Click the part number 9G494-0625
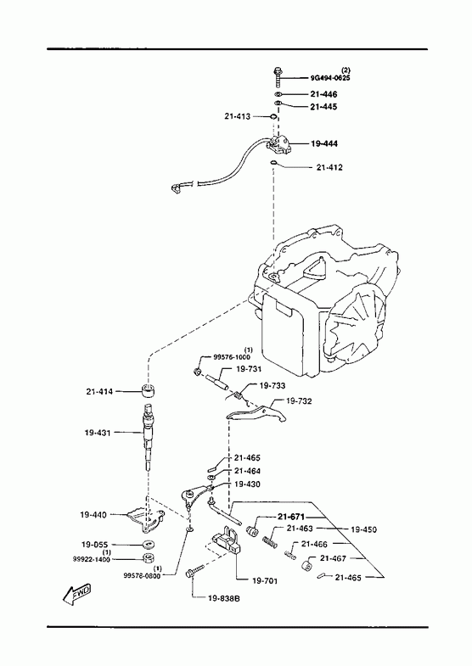[x=330, y=78]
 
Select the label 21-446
[x=323, y=94]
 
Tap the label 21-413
[x=238, y=116]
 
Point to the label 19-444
[x=324, y=143]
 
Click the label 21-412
[x=329, y=167]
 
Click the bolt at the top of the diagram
[x=278, y=76]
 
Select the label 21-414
[x=99, y=391]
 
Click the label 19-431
[x=98, y=433]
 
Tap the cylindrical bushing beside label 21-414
[x=148, y=389]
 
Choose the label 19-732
[x=299, y=400]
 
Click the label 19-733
[x=273, y=386]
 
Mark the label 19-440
[x=93, y=514]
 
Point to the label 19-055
[x=94, y=544]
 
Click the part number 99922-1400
[x=92, y=559]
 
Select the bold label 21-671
[x=291, y=517]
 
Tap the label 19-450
[x=363, y=529]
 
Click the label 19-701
[x=265, y=580]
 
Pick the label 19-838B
[x=224, y=598]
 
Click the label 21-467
[x=333, y=558]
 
